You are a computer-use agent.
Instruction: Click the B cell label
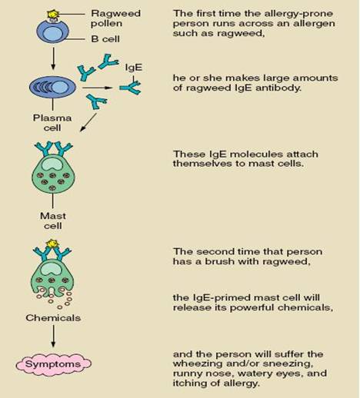pyautogui.click(x=105, y=39)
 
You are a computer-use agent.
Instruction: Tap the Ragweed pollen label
pyautogui.click(x=115, y=18)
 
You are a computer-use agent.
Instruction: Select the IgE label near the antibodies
pyautogui.click(x=134, y=68)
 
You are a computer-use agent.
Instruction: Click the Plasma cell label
pyautogui.click(x=52, y=123)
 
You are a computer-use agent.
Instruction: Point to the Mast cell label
pyautogui.click(x=53, y=221)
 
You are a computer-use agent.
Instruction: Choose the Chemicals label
pyautogui.click(x=53, y=318)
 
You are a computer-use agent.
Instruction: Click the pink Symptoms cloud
pyautogui.click(x=54, y=364)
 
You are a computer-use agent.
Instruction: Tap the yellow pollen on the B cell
pyautogui.click(x=53, y=14)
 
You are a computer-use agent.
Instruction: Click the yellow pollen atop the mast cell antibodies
pyautogui.click(x=52, y=244)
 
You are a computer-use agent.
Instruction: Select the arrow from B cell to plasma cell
pyautogui.click(x=53, y=58)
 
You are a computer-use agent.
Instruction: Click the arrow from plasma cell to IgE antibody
pyautogui.click(x=98, y=88)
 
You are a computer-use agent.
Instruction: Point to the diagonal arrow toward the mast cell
pyautogui.click(x=88, y=123)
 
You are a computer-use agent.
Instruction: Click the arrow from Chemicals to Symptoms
pyautogui.click(x=53, y=337)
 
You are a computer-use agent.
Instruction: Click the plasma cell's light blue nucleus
pyautogui.click(x=59, y=88)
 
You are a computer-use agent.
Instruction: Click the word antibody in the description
pyautogui.click(x=278, y=88)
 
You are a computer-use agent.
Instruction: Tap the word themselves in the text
pyautogui.click(x=202, y=164)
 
